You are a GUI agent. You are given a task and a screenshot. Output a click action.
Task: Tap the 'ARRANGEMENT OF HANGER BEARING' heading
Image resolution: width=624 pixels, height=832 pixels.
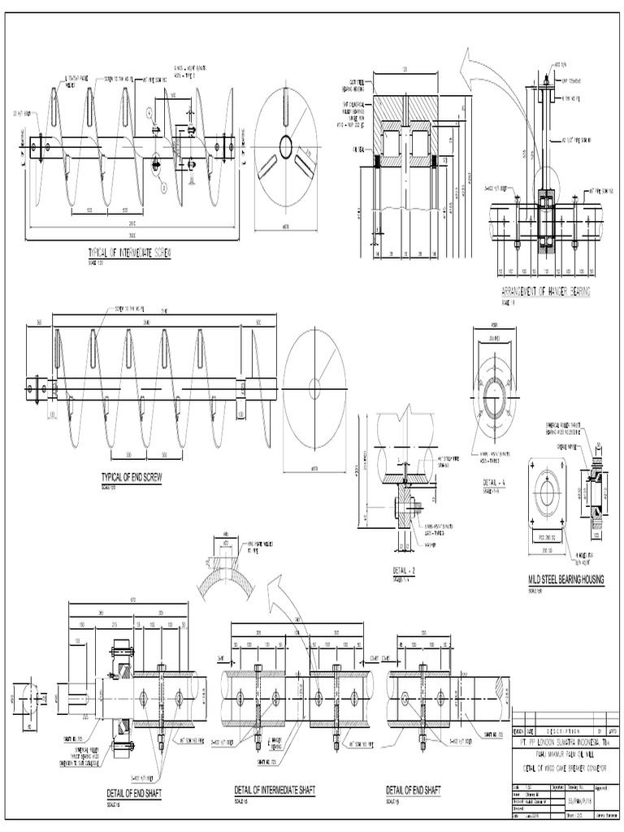coord(545,291)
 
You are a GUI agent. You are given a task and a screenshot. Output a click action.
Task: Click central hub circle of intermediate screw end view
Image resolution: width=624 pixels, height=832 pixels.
coord(286,147)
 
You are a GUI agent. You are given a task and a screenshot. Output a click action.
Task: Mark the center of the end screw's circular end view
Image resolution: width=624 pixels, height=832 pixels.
coord(314,384)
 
